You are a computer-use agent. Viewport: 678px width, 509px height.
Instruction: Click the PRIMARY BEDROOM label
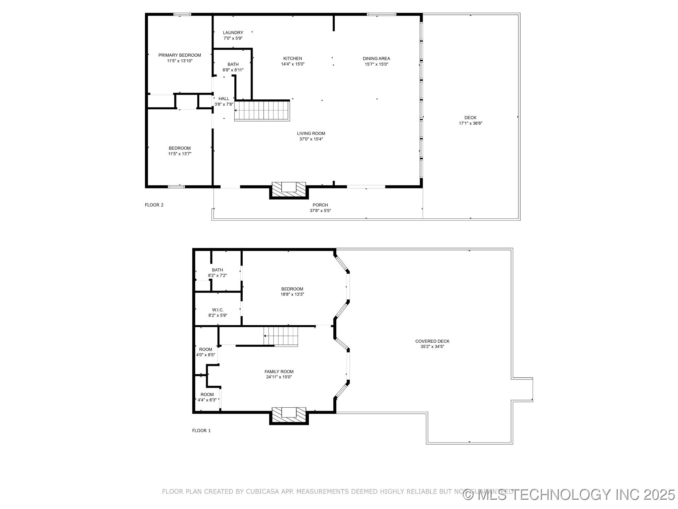pos(179,55)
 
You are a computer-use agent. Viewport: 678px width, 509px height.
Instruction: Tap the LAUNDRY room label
pos(233,33)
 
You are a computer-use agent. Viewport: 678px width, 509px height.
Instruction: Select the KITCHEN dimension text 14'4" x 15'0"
pos(293,64)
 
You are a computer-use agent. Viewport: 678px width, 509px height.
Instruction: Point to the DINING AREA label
pos(376,59)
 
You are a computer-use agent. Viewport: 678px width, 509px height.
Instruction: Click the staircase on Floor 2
pos(262,111)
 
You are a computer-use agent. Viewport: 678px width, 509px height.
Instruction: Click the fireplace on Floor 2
pos(289,190)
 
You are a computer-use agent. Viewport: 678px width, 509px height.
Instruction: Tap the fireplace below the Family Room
pos(289,415)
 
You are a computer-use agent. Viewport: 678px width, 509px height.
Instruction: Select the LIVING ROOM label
pos(311,134)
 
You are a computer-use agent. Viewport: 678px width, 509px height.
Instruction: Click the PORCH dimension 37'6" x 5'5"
pos(320,210)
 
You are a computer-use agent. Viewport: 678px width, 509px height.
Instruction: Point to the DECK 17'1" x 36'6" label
pos(470,120)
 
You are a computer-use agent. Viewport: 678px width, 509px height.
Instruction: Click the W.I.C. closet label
pos(218,310)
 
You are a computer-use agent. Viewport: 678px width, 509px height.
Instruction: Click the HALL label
pos(224,99)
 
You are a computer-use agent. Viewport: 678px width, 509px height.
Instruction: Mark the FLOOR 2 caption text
pos(154,205)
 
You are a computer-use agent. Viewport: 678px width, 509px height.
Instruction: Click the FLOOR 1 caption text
pos(201,431)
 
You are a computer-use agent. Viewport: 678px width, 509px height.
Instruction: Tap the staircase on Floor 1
pos(281,336)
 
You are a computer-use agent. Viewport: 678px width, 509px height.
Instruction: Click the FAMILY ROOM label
pos(279,372)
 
